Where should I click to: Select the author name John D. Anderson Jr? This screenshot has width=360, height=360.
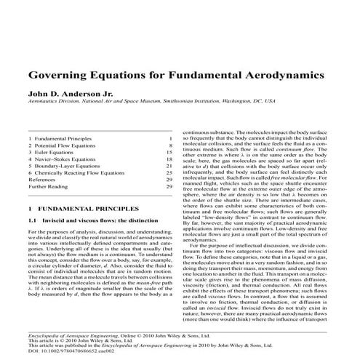click(71, 95)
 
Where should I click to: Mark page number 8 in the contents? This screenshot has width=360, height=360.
click(169, 146)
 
